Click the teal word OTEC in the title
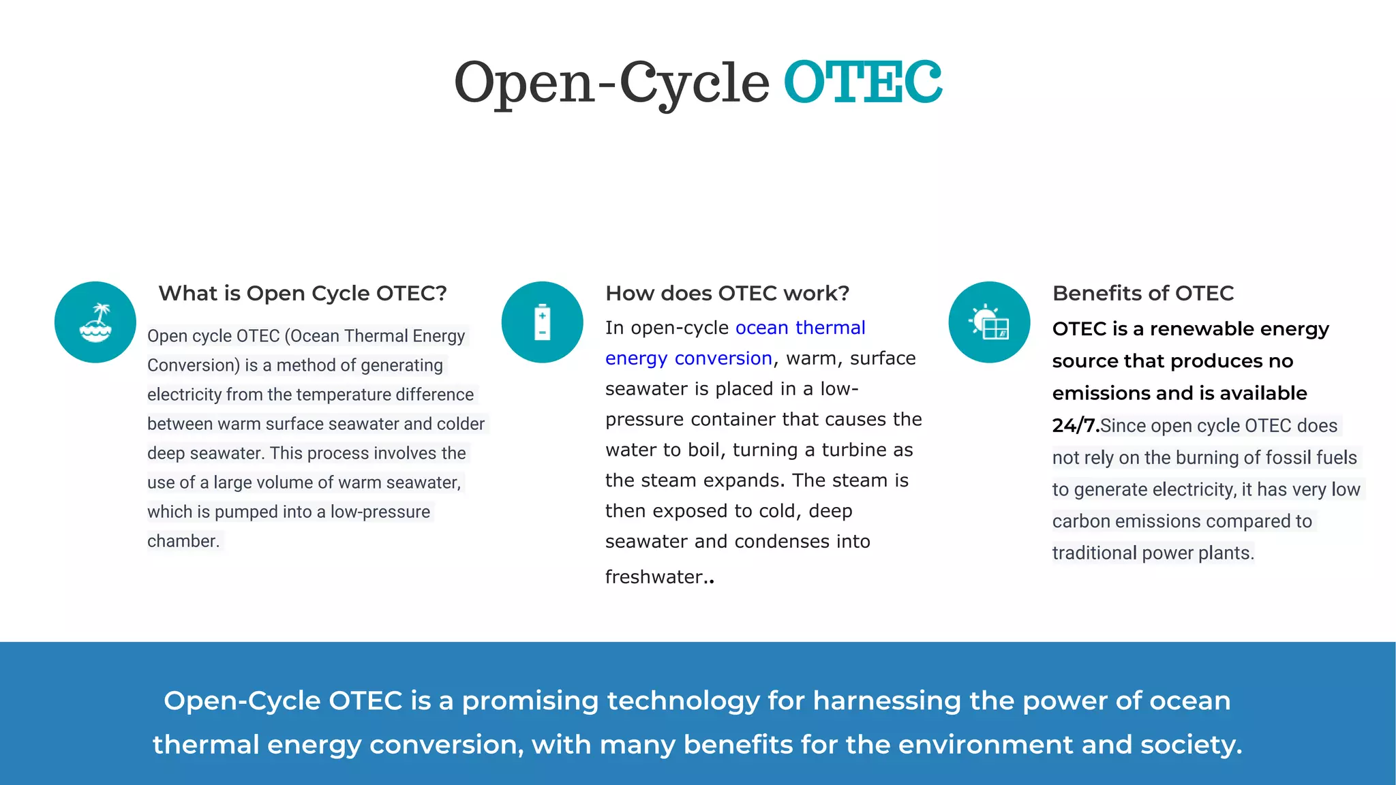[x=863, y=82]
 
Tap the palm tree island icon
[x=95, y=322]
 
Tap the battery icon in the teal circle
[x=542, y=322]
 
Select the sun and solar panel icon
[x=989, y=322]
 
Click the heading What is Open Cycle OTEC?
[x=303, y=294]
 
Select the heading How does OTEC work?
[x=727, y=294]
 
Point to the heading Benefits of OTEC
[x=1143, y=294]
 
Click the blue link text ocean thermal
[x=800, y=328]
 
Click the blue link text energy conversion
[x=688, y=358]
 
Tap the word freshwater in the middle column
[x=654, y=577]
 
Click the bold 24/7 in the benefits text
[x=1075, y=426]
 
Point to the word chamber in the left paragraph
[x=182, y=542]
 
